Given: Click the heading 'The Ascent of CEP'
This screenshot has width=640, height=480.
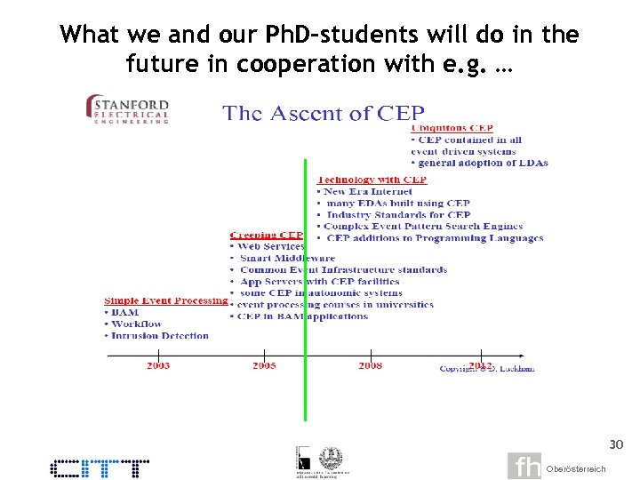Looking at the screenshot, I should click(x=323, y=113).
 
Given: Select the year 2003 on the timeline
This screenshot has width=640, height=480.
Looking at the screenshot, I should click(x=158, y=366).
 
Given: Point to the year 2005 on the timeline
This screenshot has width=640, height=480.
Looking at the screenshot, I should click(x=264, y=366).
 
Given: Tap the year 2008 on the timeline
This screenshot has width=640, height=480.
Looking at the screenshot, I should click(x=371, y=366).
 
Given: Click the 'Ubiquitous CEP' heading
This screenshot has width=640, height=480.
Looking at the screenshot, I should click(x=452, y=128).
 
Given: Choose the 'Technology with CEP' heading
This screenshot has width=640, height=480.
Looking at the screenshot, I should click(x=372, y=180).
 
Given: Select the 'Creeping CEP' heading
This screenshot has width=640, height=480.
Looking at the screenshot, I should click(x=267, y=235).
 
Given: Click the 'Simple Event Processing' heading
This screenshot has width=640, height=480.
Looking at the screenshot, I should click(x=165, y=300).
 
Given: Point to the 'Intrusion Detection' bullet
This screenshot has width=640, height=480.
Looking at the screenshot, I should click(x=160, y=336).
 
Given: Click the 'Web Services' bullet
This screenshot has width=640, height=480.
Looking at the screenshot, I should click(x=270, y=246).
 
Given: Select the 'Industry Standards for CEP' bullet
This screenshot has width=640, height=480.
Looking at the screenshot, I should click(x=397, y=214).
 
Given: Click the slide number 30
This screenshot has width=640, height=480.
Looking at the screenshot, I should click(x=616, y=444).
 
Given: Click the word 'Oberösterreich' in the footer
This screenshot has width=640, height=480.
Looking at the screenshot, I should click(x=576, y=468).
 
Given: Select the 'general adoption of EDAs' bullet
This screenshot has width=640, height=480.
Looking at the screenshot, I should click(x=483, y=163).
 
